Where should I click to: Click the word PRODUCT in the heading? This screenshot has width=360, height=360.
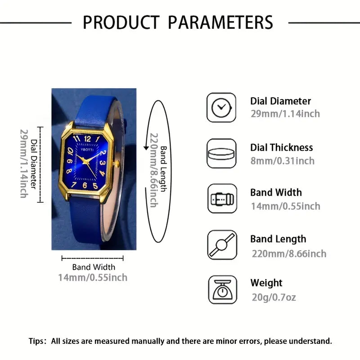(121, 22)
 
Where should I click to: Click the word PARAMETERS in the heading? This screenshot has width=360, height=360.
(219, 22)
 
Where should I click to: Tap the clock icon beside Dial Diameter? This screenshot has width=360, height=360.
(221, 107)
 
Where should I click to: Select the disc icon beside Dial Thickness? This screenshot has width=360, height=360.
(221, 153)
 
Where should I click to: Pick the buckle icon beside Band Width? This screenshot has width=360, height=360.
(221, 198)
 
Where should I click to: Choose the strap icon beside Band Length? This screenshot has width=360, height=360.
(221, 245)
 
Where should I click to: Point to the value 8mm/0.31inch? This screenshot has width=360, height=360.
(283, 161)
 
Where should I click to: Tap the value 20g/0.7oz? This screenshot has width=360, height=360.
(273, 297)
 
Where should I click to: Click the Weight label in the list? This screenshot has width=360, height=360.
(266, 283)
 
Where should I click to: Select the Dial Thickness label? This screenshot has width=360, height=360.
(282, 148)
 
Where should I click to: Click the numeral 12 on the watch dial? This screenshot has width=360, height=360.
(87, 139)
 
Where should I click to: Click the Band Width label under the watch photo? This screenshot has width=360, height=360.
(94, 267)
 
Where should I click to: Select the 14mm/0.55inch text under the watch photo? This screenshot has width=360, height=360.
(93, 277)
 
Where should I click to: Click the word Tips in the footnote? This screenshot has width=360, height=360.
(37, 341)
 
